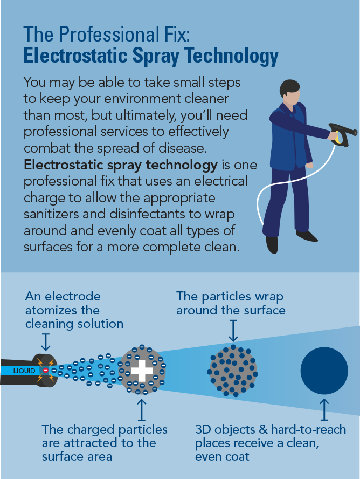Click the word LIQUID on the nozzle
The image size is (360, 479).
[24, 371]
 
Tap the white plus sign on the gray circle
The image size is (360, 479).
[142, 371]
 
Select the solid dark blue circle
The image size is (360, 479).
[324, 371]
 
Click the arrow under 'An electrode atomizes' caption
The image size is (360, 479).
[46, 341]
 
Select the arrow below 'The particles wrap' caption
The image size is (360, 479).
[233, 330]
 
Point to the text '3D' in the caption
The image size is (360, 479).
[204, 430]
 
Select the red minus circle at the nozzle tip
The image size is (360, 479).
[46, 371]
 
